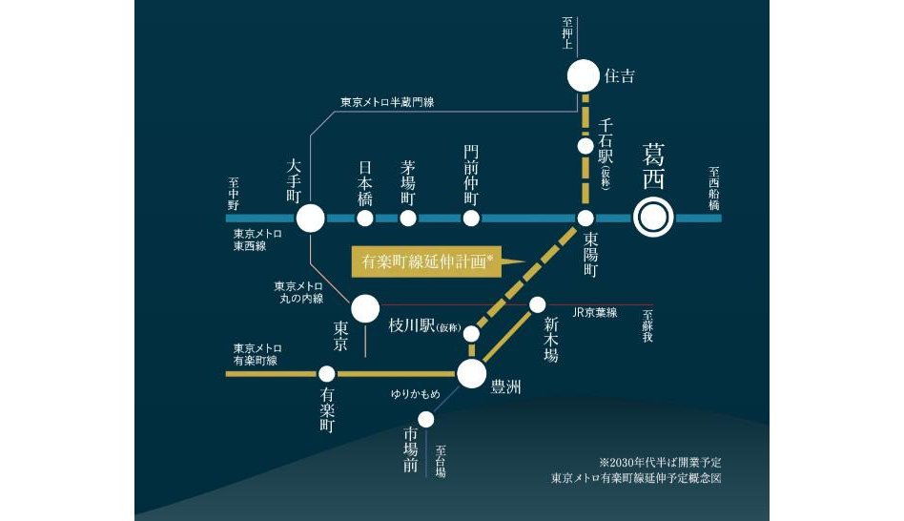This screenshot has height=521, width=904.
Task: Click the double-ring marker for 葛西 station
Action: tap(653, 219)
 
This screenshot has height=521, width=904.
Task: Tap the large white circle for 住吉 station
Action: tap(584, 74)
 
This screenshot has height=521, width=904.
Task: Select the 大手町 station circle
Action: tap(310, 219)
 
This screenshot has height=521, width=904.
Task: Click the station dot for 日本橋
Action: tap(364, 219)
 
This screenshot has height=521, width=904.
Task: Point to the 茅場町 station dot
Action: tap(408, 219)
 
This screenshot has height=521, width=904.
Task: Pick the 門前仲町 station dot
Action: tap(470, 219)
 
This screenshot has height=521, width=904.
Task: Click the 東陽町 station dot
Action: tap(586, 219)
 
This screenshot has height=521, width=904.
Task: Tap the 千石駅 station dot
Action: tap(586, 146)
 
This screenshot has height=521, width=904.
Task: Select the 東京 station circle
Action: tap(365, 308)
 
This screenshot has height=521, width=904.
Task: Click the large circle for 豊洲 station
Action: tap(472, 374)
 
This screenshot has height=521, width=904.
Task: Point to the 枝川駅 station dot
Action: tap(470, 333)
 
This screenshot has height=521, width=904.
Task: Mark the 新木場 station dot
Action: tap(537, 305)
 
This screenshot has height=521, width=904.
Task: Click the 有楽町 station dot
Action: tap(326, 374)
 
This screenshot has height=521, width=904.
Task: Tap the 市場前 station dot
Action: tap(426, 419)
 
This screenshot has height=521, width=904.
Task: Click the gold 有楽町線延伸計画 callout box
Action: tap(420, 260)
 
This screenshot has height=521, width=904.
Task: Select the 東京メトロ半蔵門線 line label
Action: tap(387, 102)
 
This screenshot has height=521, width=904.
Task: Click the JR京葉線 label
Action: tap(595, 313)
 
